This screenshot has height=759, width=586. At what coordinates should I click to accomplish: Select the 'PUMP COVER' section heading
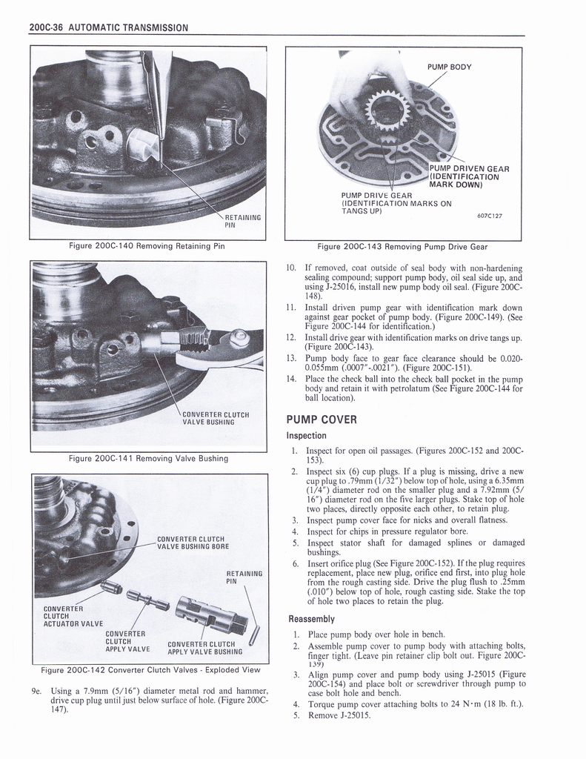(x=321, y=420)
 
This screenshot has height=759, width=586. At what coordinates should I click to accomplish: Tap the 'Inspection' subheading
(x=307, y=436)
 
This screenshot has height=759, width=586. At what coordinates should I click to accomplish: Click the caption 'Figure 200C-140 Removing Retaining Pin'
(x=147, y=246)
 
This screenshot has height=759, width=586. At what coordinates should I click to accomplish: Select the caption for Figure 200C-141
(x=148, y=459)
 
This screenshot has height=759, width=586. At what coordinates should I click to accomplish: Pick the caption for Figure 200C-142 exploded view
(x=150, y=670)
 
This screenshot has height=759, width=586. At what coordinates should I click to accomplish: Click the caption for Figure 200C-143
(x=402, y=246)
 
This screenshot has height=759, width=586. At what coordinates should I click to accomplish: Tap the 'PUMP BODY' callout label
(x=449, y=67)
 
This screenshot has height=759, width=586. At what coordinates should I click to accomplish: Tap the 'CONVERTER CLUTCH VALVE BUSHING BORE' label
(x=193, y=543)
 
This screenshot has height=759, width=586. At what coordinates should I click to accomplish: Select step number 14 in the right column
(x=291, y=379)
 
